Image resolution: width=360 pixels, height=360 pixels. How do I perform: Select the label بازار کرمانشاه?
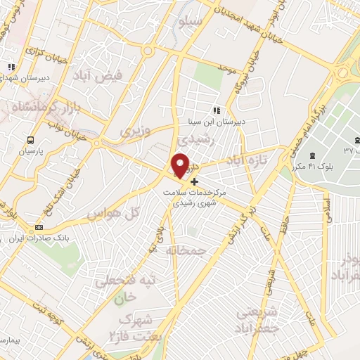tap(39, 108)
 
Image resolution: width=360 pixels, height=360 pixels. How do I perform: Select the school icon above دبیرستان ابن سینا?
tap(217, 110)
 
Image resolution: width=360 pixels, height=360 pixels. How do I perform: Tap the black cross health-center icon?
tap(195, 181)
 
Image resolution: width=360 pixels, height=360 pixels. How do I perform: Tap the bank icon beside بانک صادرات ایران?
tap(39, 227)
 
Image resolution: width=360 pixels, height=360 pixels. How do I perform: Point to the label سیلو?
tap(192, 22)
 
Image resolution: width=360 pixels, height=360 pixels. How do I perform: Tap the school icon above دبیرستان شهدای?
tap(11, 67)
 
